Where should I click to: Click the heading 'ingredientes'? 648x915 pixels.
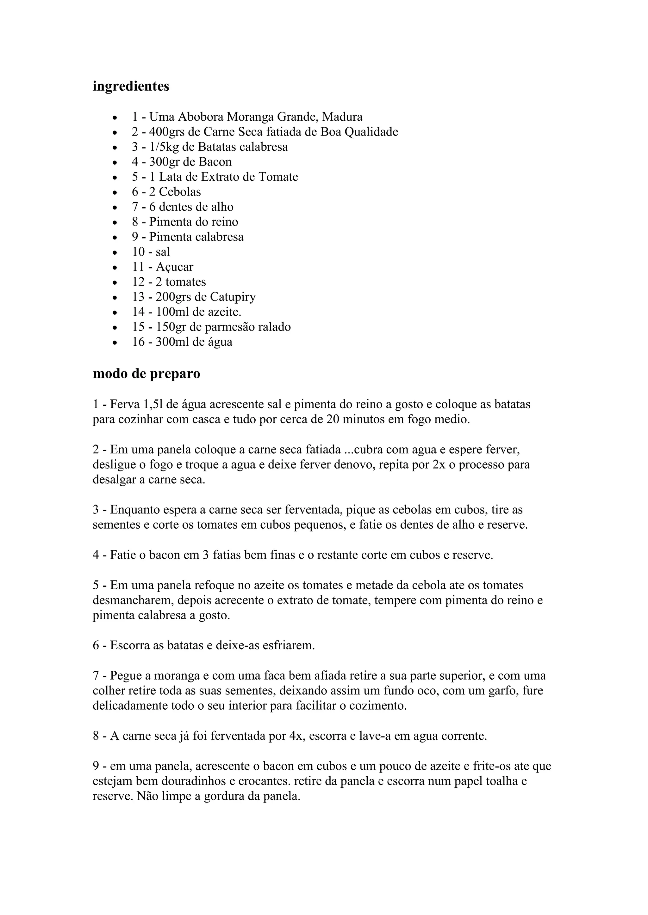tap(131, 86)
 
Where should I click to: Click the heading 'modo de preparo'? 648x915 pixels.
tap(146, 374)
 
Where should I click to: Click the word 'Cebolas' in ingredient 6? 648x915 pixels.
tap(180, 192)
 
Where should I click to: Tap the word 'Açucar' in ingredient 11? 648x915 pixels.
tap(175, 267)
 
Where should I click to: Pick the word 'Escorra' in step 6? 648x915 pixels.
tap(130, 645)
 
